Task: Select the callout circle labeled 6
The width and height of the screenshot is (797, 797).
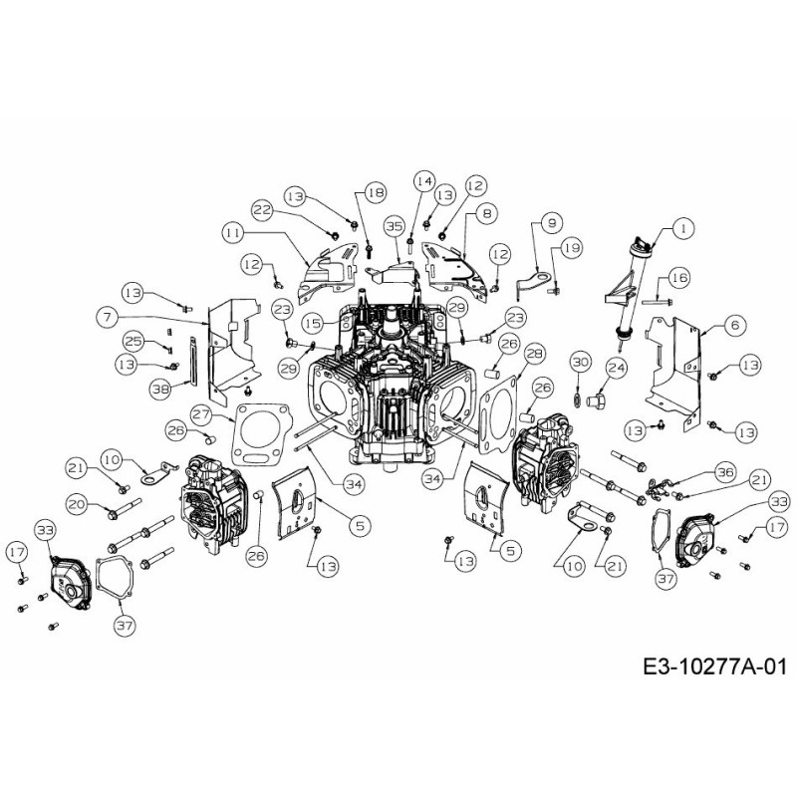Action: point(733,324)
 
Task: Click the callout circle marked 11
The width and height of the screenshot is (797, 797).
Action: point(233,231)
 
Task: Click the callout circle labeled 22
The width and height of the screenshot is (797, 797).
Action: point(262,210)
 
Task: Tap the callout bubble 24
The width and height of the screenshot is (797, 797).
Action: point(616,368)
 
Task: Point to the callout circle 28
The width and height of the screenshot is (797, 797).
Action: point(534,354)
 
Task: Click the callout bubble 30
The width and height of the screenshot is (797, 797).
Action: point(580,362)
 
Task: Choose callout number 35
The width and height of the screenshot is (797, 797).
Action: point(394,227)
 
